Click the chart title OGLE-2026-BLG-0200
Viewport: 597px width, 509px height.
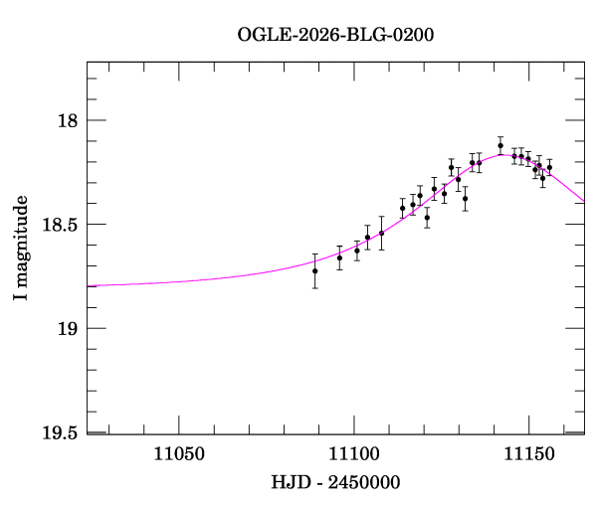click(335, 35)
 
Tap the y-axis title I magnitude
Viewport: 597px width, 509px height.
click(21, 248)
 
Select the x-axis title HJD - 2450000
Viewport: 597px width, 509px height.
click(335, 482)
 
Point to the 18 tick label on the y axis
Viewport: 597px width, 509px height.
click(68, 120)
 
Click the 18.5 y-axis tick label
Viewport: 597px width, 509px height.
click(60, 225)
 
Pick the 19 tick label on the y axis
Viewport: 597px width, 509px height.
click(68, 328)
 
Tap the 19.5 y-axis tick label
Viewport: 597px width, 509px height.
click(60, 432)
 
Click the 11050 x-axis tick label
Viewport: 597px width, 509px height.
click(179, 454)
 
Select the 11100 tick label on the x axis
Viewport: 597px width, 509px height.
click(354, 454)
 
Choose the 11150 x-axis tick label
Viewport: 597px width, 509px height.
click(529, 454)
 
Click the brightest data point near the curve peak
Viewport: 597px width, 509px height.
click(500, 146)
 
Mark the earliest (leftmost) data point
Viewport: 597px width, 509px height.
click(314, 270)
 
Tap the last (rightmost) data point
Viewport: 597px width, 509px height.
click(549, 167)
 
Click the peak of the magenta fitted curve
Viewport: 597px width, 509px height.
click(503, 155)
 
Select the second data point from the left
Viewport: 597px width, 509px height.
click(339, 257)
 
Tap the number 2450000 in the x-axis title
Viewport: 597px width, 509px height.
click(364, 482)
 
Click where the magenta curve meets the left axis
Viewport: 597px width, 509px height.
click(88, 286)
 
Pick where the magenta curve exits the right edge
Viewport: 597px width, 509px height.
click(584, 202)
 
